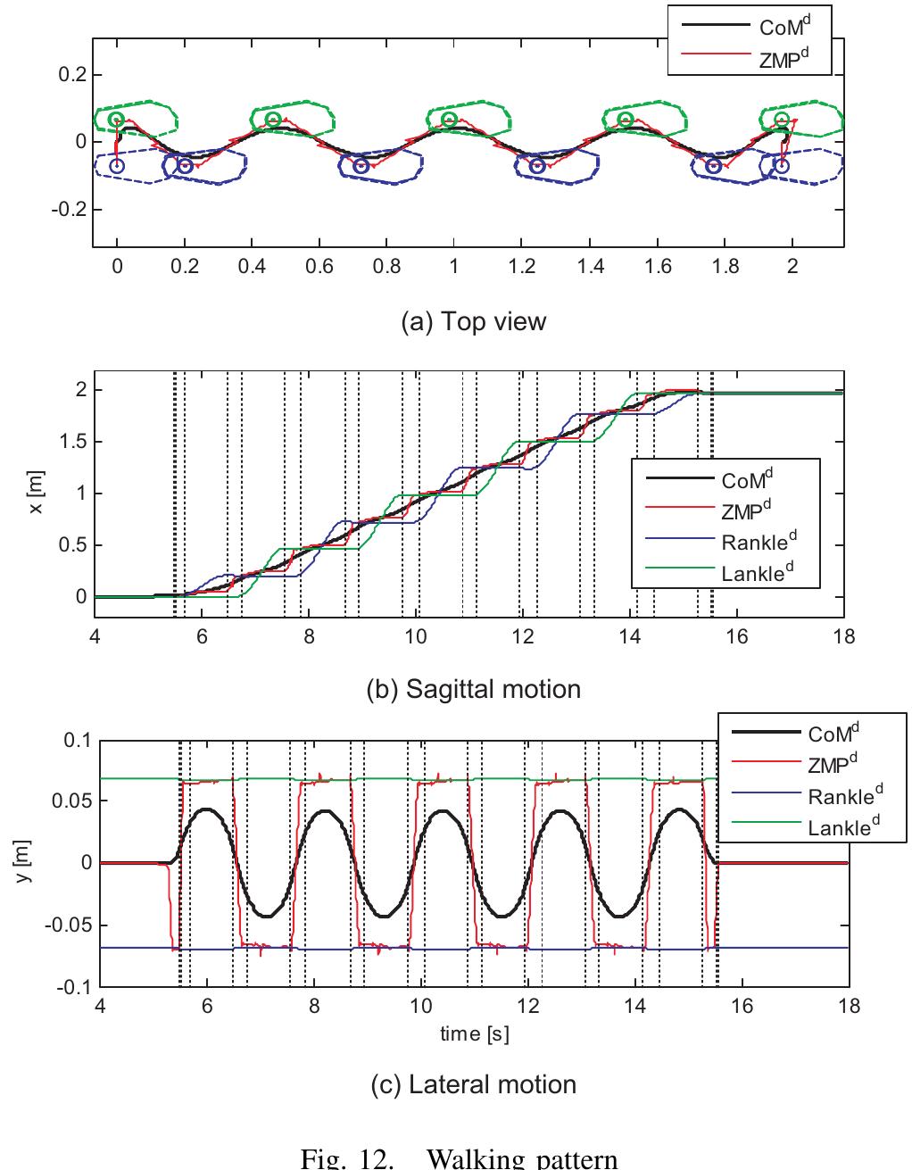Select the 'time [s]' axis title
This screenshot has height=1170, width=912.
pyautogui.click(x=474, y=1034)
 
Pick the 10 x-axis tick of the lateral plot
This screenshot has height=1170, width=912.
pyautogui.click(x=421, y=1006)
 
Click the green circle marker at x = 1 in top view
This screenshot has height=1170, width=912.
pyautogui.click(x=448, y=120)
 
